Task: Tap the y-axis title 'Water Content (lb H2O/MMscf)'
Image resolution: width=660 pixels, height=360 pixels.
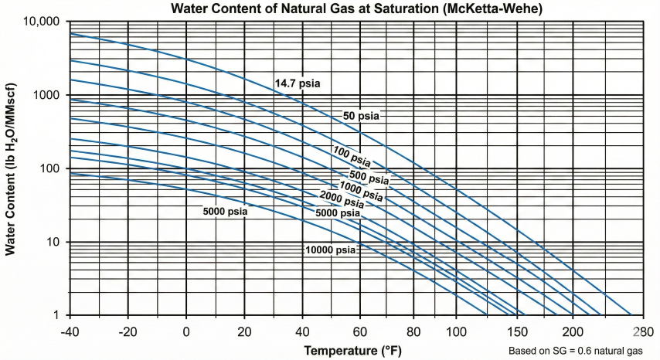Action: [x=11, y=168]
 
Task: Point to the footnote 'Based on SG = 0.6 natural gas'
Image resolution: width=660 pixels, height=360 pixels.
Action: [x=574, y=351]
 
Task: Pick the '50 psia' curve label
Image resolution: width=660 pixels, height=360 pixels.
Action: [x=363, y=116]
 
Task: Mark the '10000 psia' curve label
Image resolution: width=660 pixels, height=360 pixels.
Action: [x=330, y=250]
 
